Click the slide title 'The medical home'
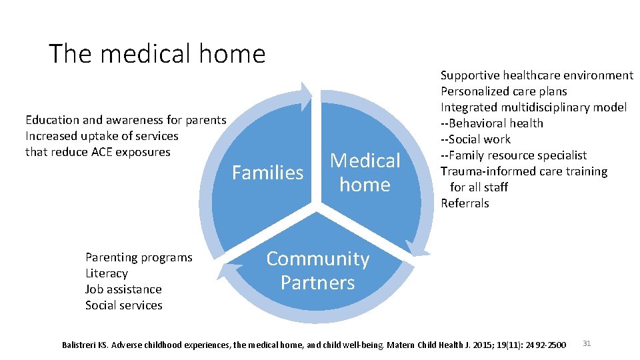click(x=157, y=53)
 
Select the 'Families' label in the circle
click(x=267, y=173)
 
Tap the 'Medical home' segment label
click(x=365, y=173)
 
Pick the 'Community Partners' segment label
click(x=318, y=271)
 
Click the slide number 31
click(x=587, y=343)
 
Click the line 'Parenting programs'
click(x=139, y=257)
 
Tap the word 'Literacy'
click(x=106, y=273)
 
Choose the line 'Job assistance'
click(x=123, y=289)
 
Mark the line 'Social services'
click(x=123, y=305)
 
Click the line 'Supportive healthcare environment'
click(x=537, y=75)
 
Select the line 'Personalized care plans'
click(x=503, y=91)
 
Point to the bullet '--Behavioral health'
click(x=492, y=123)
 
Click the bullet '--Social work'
click(x=475, y=139)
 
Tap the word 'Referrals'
click(x=465, y=203)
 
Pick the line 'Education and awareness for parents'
click(x=125, y=120)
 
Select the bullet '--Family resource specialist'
click(x=513, y=155)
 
